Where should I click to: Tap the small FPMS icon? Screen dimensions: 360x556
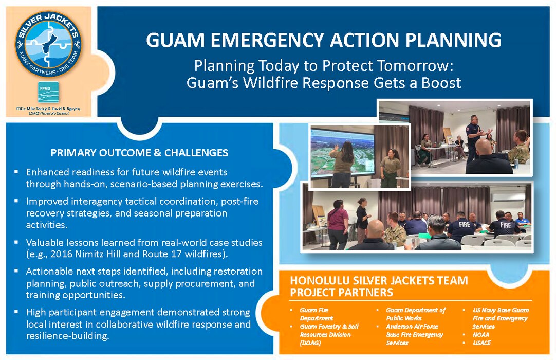[x=48, y=92]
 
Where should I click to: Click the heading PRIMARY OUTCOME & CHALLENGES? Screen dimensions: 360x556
[x=139, y=153]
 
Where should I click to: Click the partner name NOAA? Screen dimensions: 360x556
[x=482, y=334]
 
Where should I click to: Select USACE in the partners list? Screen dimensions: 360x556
[x=483, y=343]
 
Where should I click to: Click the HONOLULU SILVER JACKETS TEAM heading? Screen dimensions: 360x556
[x=379, y=280]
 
